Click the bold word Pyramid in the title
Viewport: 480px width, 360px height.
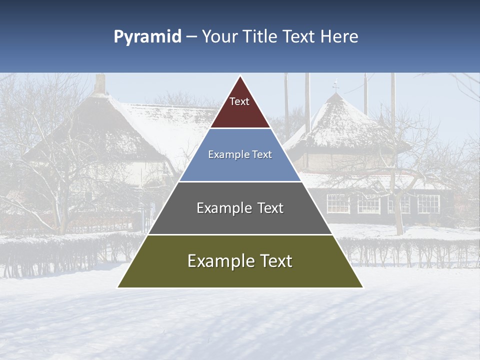pos(147,37)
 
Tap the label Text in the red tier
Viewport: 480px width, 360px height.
pos(239,101)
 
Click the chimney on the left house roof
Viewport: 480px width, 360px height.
pos(100,84)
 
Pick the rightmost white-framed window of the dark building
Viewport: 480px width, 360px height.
pos(428,203)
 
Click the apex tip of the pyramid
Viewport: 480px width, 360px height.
pos(240,77)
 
